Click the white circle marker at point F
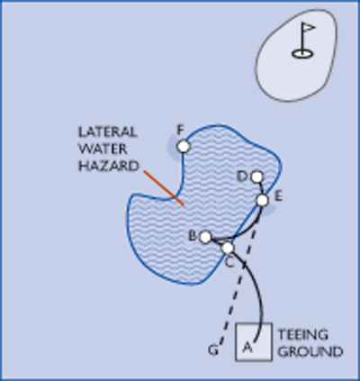pos(184,147)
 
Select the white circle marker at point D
pos(256,177)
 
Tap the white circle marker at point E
pos(263,200)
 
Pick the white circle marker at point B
pos(205,237)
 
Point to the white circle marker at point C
pos(228,248)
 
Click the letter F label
pos(180,131)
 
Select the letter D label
pos(242,177)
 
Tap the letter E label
pos(278,196)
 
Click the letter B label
pos(193,236)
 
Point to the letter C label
pos(229,263)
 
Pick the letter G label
pos(213,350)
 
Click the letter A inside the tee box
pos(247,347)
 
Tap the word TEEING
pos(302,335)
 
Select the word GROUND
pos(310,351)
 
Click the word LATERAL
pos(108,132)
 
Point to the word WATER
pos(103,149)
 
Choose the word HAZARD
pos(109,166)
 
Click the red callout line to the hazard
pos(164,188)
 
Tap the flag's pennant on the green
pos(309,28)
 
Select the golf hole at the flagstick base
pos(302,54)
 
